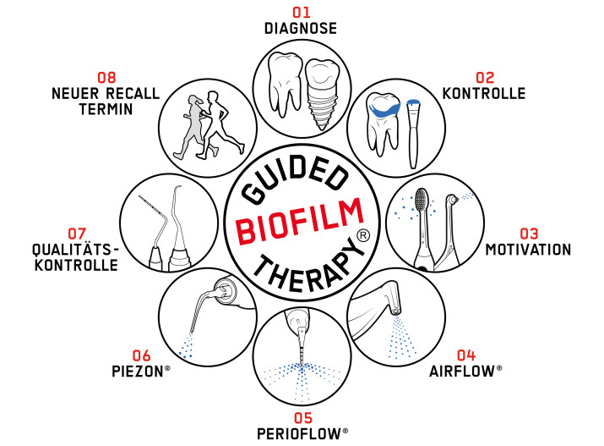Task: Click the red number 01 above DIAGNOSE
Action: tap(302, 13)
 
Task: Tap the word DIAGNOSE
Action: tap(301, 29)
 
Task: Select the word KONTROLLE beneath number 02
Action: tap(484, 94)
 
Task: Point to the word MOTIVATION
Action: tap(528, 250)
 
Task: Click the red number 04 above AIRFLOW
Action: tap(466, 355)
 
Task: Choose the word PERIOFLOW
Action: tap(299, 434)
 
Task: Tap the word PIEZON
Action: tap(138, 372)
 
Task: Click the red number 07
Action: tap(77, 234)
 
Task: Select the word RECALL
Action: tap(133, 94)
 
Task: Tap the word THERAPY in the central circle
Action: tap(309, 267)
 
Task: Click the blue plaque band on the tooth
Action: tap(384, 107)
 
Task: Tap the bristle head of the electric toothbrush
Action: tap(422, 198)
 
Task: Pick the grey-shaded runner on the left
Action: tap(192, 127)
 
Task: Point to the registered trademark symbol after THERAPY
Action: tap(363, 235)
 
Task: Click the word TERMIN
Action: tap(106, 109)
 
